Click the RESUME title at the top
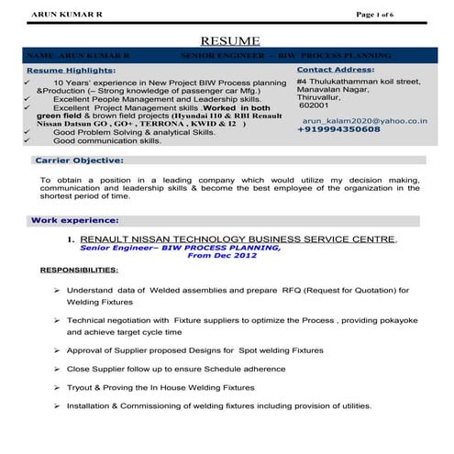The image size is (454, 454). [x=230, y=40]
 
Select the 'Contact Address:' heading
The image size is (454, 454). [x=337, y=69]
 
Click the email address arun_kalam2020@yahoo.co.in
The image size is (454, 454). [x=365, y=119]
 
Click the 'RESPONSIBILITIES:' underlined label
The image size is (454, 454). [x=79, y=271]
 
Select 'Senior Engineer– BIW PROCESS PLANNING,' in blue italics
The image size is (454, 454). [x=180, y=248]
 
